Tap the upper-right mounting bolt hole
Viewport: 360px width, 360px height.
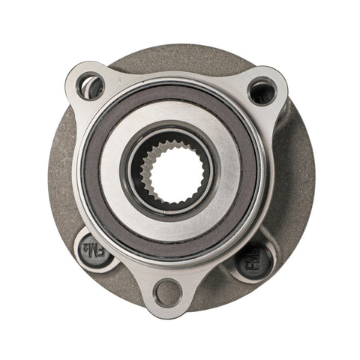[262, 91]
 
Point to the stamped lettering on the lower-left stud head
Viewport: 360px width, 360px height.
[93, 248]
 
